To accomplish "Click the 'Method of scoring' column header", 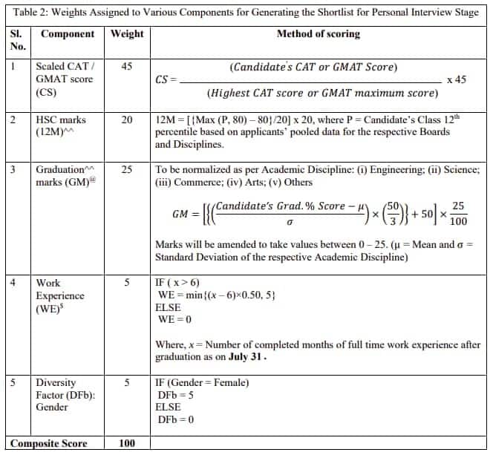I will [x=318, y=34].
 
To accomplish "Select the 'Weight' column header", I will [x=127, y=34].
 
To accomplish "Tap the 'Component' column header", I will [x=68, y=34].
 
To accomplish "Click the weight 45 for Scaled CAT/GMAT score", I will [x=127, y=67].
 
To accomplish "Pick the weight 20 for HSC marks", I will [x=127, y=120].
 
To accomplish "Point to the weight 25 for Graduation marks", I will [x=127, y=170].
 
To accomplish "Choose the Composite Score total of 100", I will [x=127, y=444].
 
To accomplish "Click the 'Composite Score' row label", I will [x=49, y=444].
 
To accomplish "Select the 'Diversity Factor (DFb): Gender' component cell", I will [x=65, y=394].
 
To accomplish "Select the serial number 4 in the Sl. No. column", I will [x=13, y=283].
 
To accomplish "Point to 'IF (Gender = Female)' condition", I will [x=202, y=382].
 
